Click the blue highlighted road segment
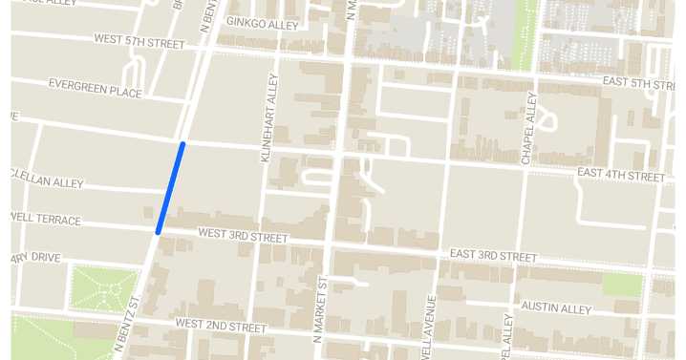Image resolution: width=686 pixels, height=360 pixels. click(x=170, y=186)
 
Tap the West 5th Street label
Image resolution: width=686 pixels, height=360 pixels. click(x=139, y=41)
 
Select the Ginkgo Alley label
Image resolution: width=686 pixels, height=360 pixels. click(x=263, y=22)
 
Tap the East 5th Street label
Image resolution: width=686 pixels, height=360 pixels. click(x=638, y=83)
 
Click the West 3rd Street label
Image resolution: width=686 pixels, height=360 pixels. click(x=243, y=235)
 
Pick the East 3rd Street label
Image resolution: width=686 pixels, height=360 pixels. click(x=493, y=256)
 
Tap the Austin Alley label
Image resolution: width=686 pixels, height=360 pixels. click(x=557, y=307)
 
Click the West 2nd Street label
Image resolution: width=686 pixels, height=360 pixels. click(x=220, y=327)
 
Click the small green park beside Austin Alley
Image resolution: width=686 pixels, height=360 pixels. click(x=622, y=284)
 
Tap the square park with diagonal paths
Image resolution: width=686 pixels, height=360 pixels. click(x=104, y=286)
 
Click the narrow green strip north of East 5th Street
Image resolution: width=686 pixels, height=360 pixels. click(x=524, y=33)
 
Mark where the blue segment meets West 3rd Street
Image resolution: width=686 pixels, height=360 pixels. click(x=158, y=230)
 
